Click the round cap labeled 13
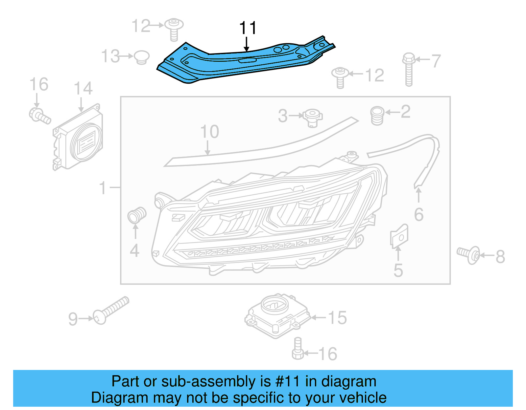[142, 57]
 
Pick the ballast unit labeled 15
[277, 315]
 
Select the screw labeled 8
[468, 254]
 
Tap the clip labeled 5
[399, 236]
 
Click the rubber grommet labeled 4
[136, 215]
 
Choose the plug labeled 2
[377, 115]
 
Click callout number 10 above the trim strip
[209, 132]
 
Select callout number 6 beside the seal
[418, 215]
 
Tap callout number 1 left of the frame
[103, 188]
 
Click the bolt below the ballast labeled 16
[298, 349]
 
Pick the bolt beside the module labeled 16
[39, 116]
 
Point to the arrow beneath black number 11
[247, 44]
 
